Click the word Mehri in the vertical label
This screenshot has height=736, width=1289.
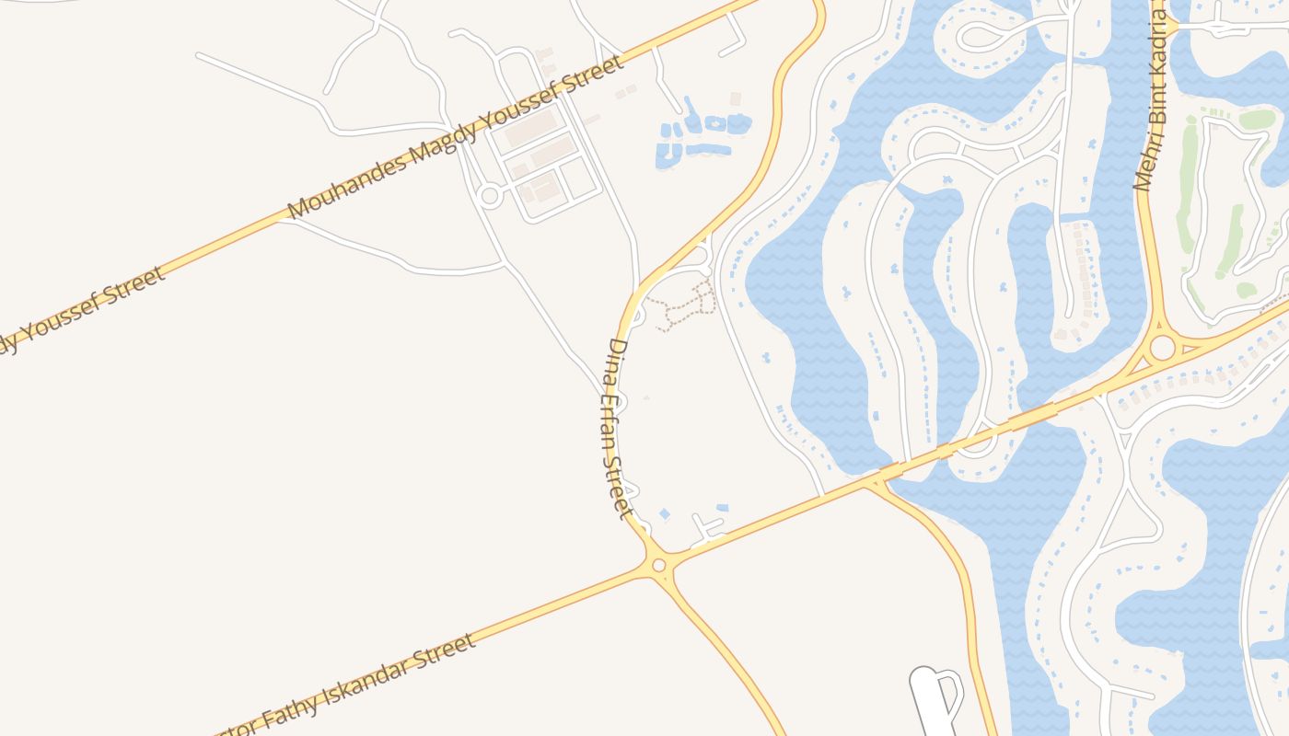click(1145, 166)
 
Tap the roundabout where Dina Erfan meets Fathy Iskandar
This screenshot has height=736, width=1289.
click(658, 565)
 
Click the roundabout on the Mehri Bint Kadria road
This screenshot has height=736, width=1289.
click(1162, 348)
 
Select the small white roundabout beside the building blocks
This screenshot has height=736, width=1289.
click(489, 195)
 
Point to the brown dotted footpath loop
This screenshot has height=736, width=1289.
click(686, 307)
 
